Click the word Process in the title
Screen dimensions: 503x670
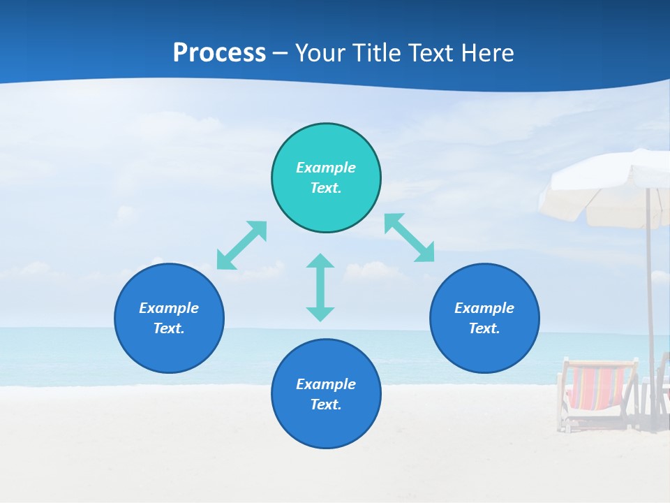pos(219,53)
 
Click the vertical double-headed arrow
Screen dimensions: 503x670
pos(320,287)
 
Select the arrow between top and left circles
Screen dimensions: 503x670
pos(241,245)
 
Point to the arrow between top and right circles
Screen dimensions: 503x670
pos(409,238)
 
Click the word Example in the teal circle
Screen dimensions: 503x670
pos(326,168)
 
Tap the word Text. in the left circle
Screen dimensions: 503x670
pos(169,328)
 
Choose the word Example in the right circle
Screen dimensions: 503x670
pos(484,308)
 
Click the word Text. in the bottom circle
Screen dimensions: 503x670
pos(326,404)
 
